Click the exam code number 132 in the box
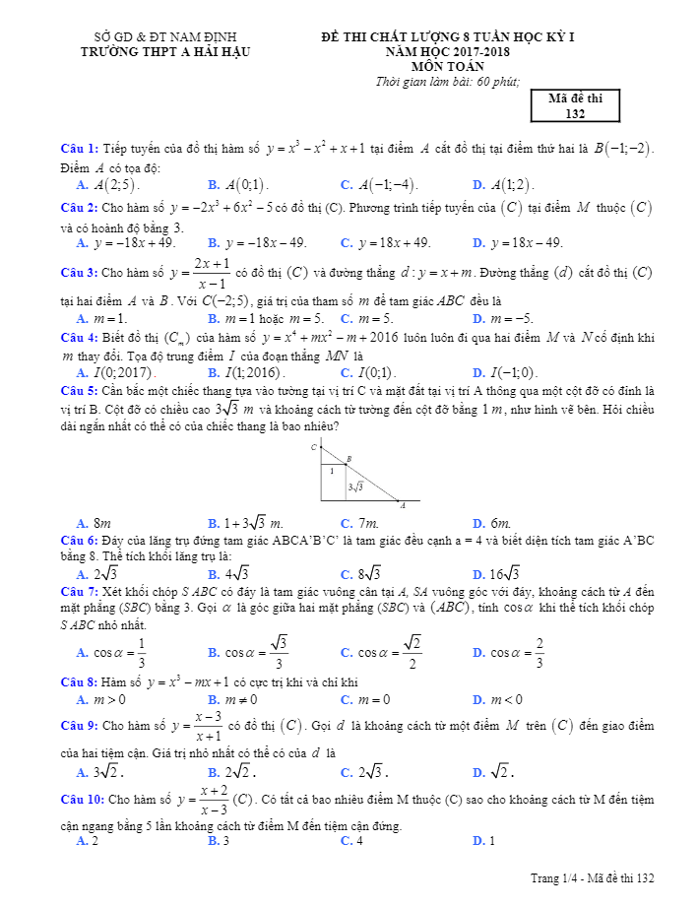point(576,114)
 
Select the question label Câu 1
point(78,149)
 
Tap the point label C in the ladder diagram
point(314,447)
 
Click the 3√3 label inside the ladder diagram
point(355,486)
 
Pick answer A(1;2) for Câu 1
point(509,184)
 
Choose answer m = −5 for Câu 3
point(511,318)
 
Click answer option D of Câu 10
point(484,841)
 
